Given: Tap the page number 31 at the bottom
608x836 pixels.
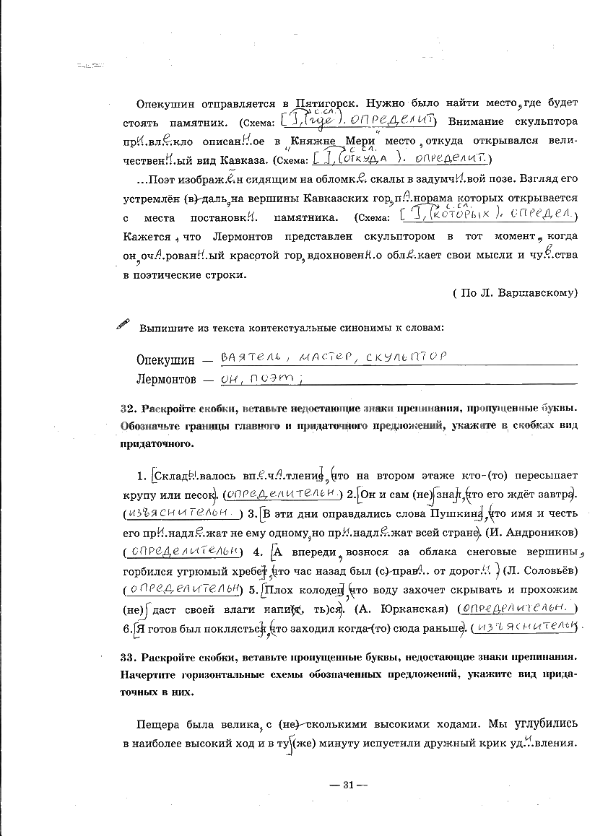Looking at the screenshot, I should point(348,785).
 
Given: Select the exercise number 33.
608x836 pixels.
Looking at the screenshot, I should point(126,658).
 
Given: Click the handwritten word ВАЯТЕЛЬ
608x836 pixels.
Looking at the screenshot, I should point(247,357).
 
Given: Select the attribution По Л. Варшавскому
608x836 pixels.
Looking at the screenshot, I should point(516,292).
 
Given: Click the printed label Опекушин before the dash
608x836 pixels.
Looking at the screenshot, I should point(165,360).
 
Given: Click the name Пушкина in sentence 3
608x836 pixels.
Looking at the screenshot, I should point(447,513).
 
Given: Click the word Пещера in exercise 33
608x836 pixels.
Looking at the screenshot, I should point(156,723).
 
